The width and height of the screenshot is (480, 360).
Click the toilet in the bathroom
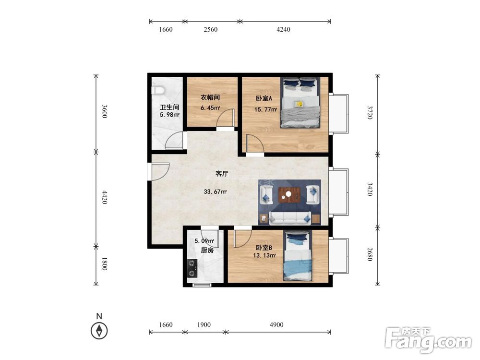(x=158, y=90)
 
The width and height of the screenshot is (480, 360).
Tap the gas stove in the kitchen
(x=192, y=268)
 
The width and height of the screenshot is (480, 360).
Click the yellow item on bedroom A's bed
(x=299, y=104)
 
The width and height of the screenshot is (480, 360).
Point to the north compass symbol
(x=99, y=331)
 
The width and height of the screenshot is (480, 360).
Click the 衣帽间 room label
(x=210, y=97)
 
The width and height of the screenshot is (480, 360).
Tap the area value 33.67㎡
(x=215, y=192)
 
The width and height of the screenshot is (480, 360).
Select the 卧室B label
(x=264, y=248)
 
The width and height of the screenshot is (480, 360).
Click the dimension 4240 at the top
(x=283, y=29)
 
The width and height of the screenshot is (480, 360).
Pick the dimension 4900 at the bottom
(x=276, y=324)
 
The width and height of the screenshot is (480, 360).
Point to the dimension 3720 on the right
(x=370, y=112)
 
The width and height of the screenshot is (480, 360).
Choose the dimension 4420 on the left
(x=104, y=197)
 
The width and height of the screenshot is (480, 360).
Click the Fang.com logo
(x=428, y=340)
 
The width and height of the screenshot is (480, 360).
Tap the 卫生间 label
(x=169, y=108)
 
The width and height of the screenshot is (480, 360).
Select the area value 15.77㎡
(x=266, y=109)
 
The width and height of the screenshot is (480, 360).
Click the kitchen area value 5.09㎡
(x=204, y=241)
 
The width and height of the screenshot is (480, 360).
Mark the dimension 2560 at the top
(x=210, y=29)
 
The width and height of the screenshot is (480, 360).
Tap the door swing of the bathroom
(x=174, y=141)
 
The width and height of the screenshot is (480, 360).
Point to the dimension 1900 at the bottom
(x=204, y=324)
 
